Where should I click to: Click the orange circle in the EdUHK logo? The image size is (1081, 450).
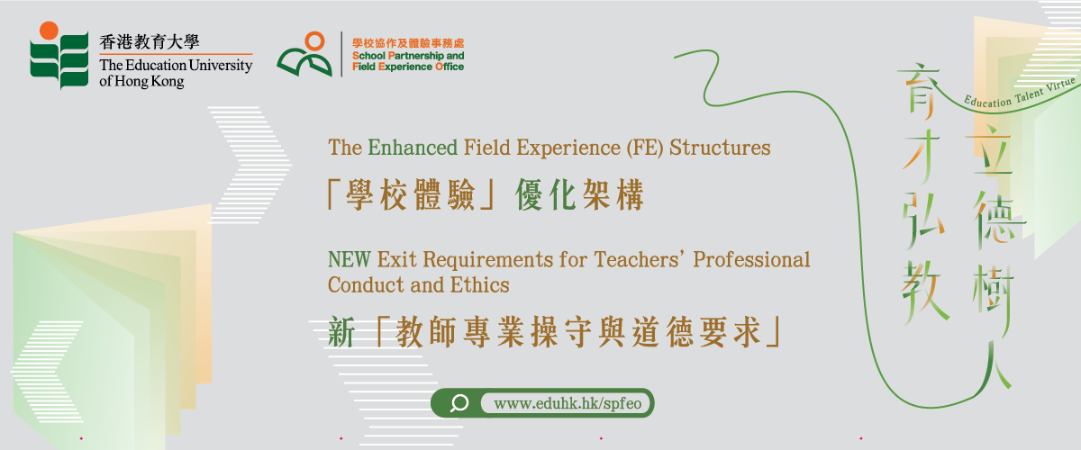coord(49,30)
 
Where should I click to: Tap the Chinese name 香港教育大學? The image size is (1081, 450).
coord(150,42)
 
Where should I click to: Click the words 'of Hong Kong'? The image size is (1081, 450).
coord(141,81)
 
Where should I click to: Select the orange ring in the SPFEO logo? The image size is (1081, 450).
coord(314,41)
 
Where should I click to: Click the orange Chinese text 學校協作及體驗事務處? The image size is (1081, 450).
coord(408,43)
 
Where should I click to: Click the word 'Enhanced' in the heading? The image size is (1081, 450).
coord(413,148)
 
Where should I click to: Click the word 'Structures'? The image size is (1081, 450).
coord(720,148)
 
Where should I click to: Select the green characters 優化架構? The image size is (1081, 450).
coord(579,195)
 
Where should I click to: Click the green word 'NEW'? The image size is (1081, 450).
coord(350,259)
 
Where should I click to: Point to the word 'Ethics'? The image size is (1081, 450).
coord(479,285)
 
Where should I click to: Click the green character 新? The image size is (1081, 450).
coord(341,332)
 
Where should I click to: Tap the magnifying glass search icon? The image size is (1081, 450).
coord(459,403)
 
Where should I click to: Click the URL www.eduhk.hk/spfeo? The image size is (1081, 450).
coord(568,403)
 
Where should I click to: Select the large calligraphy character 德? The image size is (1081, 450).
coord(997,220)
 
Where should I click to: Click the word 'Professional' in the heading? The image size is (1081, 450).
coord(751,259)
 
